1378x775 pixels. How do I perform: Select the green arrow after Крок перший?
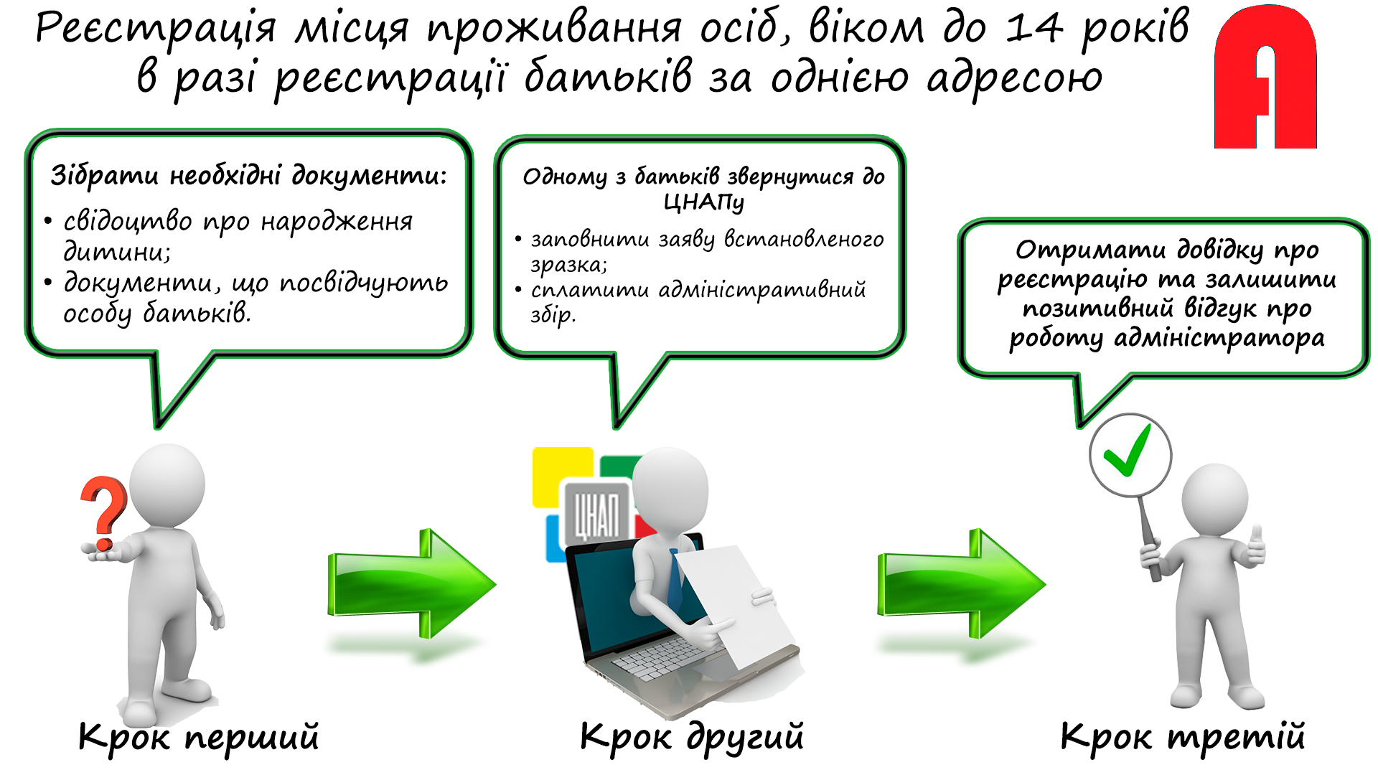click(x=412, y=583)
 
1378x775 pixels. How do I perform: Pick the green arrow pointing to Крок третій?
click(x=962, y=583)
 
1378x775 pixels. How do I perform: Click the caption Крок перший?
click(x=199, y=737)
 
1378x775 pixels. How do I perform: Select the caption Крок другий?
click(x=692, y=737)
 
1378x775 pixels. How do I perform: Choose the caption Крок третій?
click(x=1183, y=737)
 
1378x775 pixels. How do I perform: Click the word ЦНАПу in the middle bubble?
click(x=704, y=203)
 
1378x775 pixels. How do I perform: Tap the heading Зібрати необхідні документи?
click(x=248, y=175)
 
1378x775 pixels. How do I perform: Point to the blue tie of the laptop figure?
click(x=675, y=581)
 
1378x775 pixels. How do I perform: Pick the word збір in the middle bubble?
click(x=553, y=315)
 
